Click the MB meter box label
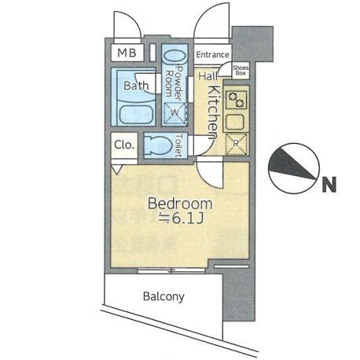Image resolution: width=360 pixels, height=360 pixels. (x=127, y=53)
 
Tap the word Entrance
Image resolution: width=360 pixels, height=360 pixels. (x=212, y=55)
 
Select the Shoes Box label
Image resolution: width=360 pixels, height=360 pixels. (x=241, y=70)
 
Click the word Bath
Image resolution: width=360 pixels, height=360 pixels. (x=136, y=86)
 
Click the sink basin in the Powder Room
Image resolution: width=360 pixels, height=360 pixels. (x=174, y=57)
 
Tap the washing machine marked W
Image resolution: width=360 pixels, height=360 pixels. (x=174, y=113)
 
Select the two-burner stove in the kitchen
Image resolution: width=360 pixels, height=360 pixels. (x=237, y=100)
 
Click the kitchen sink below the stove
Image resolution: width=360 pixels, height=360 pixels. (x=236, y=123)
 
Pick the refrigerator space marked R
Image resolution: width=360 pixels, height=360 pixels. (x=236, y=144)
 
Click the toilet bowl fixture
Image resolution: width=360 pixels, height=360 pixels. (x=158, y=145)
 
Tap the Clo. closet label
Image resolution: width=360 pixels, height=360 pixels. (x=124, y=145)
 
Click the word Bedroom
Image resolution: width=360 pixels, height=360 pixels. (x=180, y=204)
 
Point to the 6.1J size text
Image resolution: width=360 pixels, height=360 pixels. (x=181, y=219)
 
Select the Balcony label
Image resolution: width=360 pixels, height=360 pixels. (x=163, y=296)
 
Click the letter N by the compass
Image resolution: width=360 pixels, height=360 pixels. (x=329, y=185)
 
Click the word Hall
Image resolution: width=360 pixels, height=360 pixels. (x=208, y=76)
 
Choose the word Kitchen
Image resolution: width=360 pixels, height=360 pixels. (x=213, y=112)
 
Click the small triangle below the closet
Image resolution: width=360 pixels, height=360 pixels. (x=117, y=169)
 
